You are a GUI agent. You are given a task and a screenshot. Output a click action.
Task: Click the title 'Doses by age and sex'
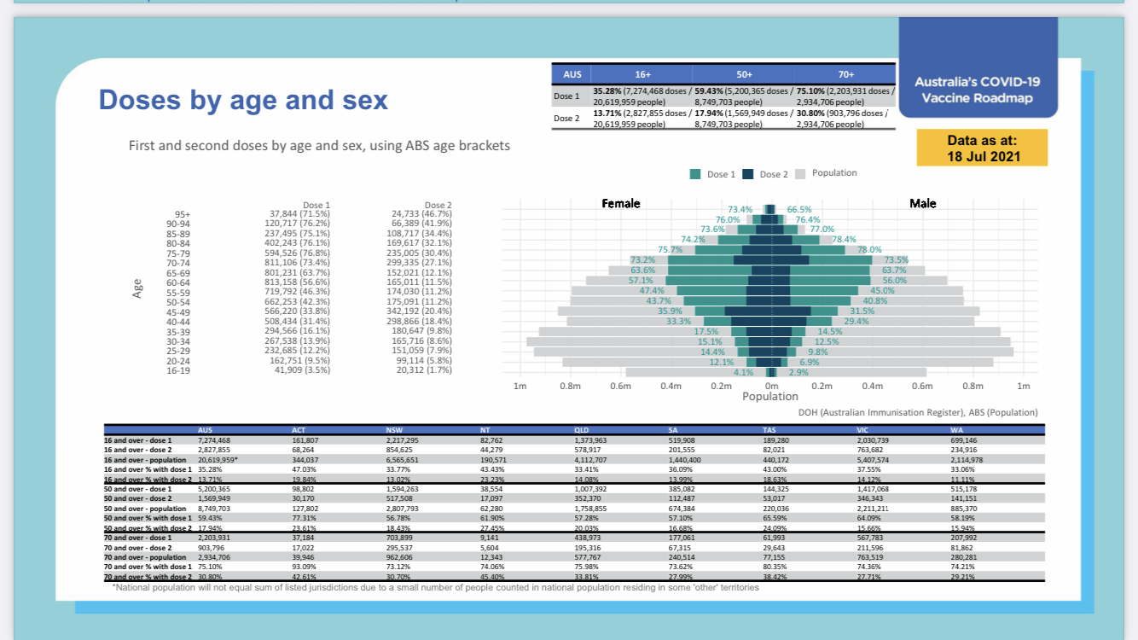click(243, 101)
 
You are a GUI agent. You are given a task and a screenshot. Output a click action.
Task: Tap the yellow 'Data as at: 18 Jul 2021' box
click(981, 148)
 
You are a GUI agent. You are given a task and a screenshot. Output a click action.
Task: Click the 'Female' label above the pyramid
click(621, 203)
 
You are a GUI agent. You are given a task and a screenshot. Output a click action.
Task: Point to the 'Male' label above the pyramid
click(922, 203)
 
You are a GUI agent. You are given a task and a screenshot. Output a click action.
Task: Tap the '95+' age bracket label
click(183, 214)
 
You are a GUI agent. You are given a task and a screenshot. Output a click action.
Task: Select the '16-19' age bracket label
click(178, 370)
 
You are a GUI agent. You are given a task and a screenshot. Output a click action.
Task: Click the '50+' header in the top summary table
click(743, 75)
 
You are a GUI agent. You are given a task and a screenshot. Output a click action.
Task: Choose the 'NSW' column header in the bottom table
click(394, 428)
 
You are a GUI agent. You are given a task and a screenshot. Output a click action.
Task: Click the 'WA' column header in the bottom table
click(958, 428)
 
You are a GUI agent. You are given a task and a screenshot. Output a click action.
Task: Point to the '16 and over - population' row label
click(147, 459)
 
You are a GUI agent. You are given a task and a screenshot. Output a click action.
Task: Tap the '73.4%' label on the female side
click(740, 209)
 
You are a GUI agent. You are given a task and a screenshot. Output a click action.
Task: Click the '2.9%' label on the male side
click(798, 372)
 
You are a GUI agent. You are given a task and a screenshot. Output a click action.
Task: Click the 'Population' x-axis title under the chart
click(770, 397)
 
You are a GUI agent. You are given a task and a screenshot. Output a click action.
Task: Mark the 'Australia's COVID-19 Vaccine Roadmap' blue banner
click(978, 90)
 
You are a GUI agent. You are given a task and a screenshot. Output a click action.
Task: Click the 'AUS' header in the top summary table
click(572, 75)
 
